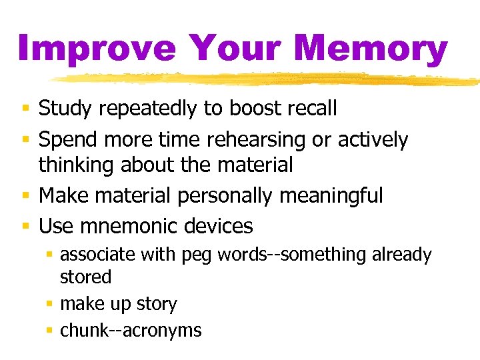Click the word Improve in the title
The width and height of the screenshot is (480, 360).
pos(97,48)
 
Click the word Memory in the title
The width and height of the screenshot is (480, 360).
pos(370,48)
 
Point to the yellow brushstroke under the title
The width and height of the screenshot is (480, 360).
pos(267,79)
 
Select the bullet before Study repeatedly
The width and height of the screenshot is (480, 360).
pos(25,108)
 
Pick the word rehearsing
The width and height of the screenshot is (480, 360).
pos(261,140)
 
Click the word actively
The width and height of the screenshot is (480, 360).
pos(373,140)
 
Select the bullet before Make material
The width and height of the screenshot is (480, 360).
pos(25,196)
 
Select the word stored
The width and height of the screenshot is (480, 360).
pos(85,276)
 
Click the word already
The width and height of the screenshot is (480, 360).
pos(401,255)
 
